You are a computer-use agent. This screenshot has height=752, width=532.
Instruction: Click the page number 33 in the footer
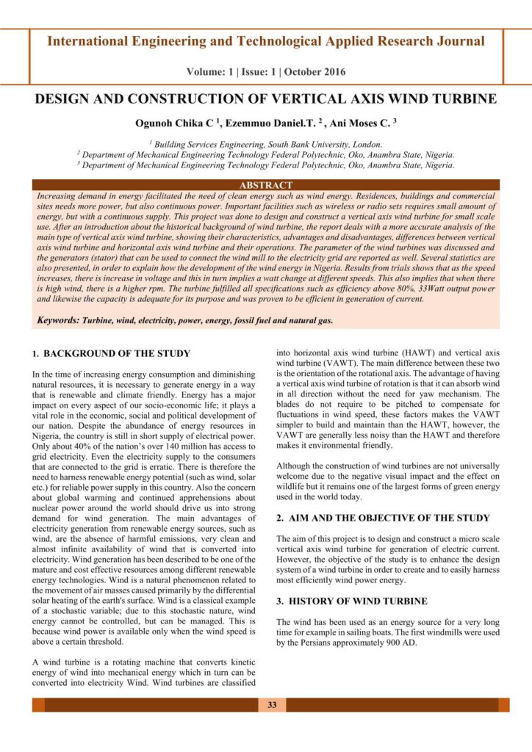(272, 705)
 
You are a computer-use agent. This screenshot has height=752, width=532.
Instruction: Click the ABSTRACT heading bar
(266, 185)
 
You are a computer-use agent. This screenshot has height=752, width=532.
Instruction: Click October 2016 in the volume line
(316, 72)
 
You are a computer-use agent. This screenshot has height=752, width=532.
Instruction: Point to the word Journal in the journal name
(459, 41)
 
